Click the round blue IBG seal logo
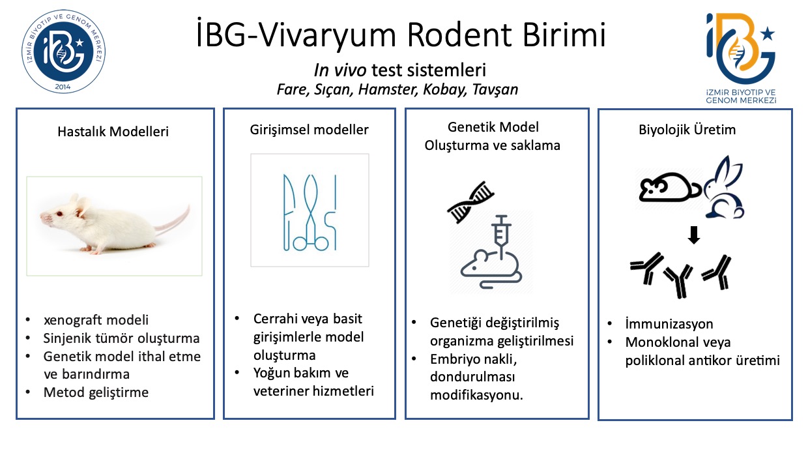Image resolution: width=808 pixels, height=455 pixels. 63,51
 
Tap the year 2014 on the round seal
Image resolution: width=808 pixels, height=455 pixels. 63,87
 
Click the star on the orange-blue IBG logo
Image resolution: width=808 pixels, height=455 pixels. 767,34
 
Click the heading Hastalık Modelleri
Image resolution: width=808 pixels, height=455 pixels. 113,131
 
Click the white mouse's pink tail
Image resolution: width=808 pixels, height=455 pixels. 173,224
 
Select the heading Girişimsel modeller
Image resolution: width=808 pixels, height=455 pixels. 309,130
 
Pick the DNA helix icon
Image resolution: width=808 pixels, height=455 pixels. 470,202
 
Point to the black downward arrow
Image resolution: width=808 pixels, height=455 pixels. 694,235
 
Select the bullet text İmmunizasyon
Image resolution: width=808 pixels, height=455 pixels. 669,324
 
